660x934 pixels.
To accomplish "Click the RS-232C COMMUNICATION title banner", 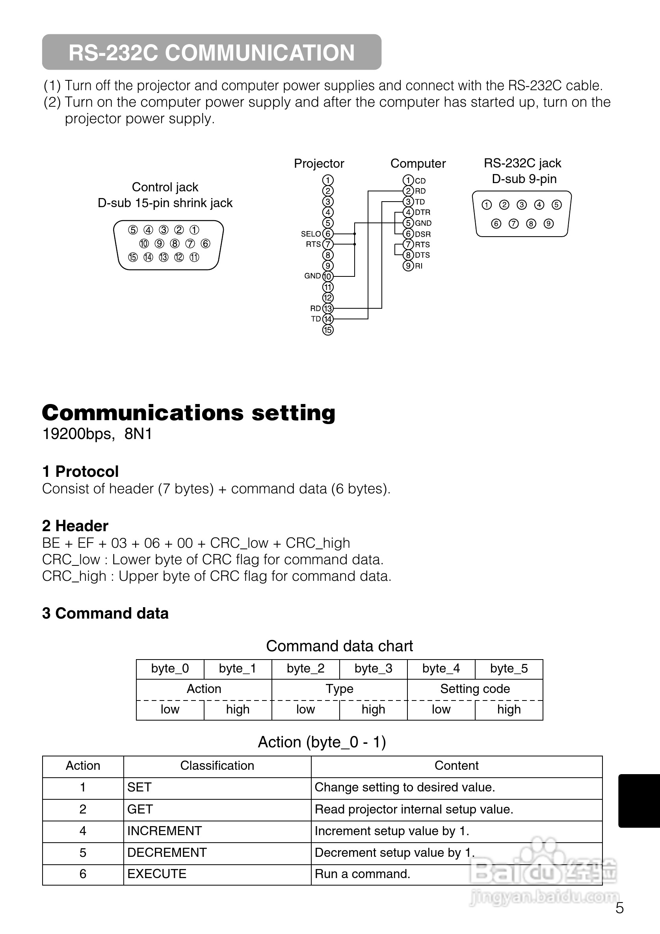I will click(211, 52).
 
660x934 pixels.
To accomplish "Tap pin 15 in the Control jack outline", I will click(133, 258).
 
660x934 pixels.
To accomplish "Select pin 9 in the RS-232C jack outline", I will click(549, 224).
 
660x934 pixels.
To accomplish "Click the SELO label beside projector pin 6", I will click(310, 234).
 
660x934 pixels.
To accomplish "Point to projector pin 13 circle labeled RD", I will click(328, 309).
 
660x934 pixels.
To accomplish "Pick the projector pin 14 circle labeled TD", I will click(328, 319).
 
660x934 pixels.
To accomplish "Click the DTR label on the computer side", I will click(422, 212).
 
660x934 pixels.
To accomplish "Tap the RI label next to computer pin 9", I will click(418, 266).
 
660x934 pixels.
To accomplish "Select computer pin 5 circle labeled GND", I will click(408, 223).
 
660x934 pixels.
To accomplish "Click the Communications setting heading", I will click(188, 413).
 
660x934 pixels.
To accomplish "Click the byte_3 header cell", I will click(373, 669).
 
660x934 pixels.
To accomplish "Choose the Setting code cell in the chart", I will click(475, 689).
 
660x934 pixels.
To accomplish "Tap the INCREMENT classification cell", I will click(164, 831).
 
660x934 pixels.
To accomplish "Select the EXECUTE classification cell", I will click(157, 874).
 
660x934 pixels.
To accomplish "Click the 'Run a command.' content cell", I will click(363, 874).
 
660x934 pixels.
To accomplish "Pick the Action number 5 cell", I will click(83, 852).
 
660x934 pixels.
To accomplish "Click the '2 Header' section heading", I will click(75, 526).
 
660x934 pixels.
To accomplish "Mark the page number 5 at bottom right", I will click(619, 908).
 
